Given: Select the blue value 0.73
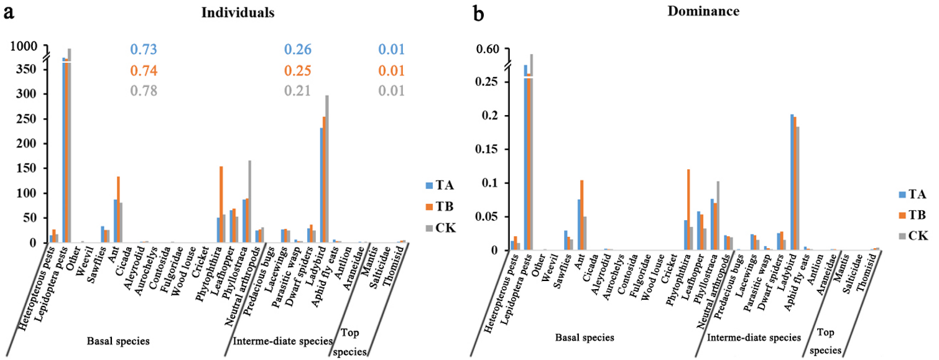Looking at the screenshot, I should tap(143, 50).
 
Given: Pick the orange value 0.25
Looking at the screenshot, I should tap(297, 71).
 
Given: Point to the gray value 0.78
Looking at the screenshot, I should tap(143, 91).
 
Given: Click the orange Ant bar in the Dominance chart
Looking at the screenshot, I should tap(581, 215).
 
